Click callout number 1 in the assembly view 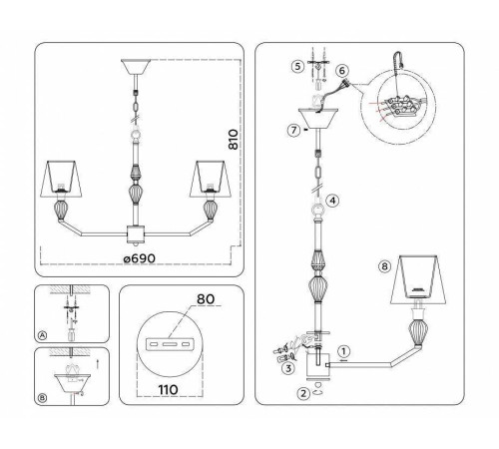343,350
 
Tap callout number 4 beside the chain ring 332,200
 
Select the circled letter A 41,336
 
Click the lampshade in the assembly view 424,278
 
